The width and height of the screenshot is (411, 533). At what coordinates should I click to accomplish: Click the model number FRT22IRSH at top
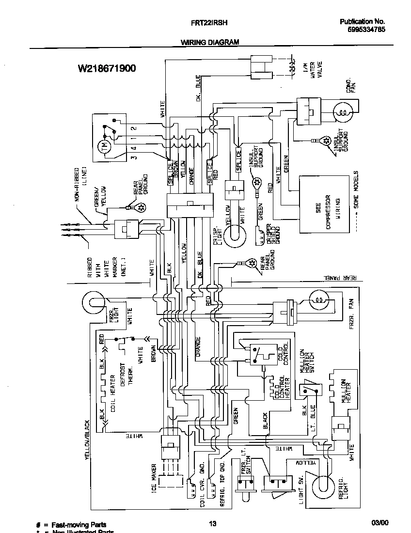pos(207,22)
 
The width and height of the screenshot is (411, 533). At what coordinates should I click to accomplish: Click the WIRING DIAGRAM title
pos(210,42)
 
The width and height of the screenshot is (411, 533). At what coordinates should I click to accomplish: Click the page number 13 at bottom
pos(212,523)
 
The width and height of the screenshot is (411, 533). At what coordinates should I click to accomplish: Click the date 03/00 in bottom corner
pos(379,523)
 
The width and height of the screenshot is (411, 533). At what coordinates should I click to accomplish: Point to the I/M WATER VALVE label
pos(313,73)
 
